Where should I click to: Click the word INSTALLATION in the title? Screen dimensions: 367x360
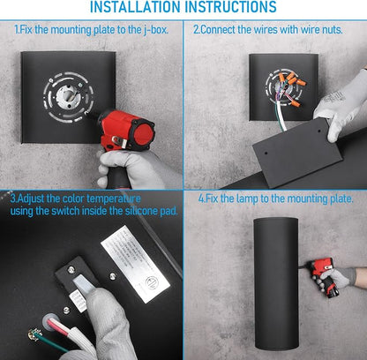pyautogui.click(x=135, y=6)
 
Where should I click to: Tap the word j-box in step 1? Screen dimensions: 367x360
pyautogui.click(x=156, y=30)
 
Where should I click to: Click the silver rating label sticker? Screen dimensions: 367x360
pyautogui.click(x=135, y=264)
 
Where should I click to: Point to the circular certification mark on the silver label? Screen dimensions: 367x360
pyautogui.click(x=153, y=282)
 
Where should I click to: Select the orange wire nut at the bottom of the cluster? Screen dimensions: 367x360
pyautogui.click(x=295, y=103)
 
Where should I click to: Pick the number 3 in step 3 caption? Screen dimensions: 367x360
pyautogui.click(x=12, y=199)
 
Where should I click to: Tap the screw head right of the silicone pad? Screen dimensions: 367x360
pyautogui.click(x=112, y=276)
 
